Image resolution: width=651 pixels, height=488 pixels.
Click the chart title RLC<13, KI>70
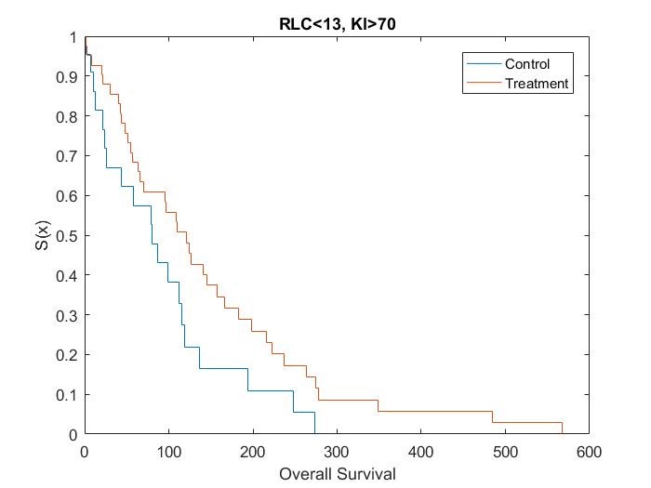pos(337,24)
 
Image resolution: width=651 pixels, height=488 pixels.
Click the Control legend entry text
pos(527,64)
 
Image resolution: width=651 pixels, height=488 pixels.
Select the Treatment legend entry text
pos(536,84)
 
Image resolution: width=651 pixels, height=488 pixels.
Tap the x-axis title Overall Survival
pos(337,474)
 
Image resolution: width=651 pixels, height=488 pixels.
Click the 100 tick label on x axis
pos(168,453)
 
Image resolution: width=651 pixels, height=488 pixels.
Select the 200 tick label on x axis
pos(252,453)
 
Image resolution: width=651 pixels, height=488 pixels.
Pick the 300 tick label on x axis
pos(337,453)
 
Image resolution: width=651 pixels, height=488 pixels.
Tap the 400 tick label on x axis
pos(420,453)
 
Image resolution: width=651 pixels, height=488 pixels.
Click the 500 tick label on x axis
pos(505,453)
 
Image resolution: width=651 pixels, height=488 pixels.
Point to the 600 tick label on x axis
pos(589,453)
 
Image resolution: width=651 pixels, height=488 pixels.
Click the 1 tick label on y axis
pos(73,37)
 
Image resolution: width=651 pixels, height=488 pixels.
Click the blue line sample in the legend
pos(482,64)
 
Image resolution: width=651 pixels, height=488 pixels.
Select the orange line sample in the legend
pos(482,84)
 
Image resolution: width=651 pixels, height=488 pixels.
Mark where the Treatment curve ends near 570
pos(563,433)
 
